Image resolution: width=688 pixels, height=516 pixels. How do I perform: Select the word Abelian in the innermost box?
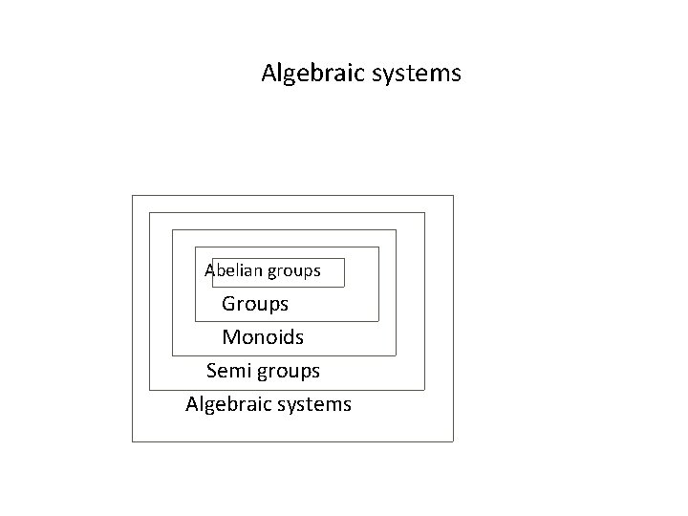click(x=234, y=271)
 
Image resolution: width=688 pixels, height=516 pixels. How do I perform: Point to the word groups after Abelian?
click(x=294, y=271)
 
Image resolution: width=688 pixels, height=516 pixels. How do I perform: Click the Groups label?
click(x=255, y=305)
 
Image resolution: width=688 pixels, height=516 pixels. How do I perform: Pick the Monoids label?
click(x=263, y=337)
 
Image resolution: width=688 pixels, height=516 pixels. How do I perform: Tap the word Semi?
click(x=227, y=370)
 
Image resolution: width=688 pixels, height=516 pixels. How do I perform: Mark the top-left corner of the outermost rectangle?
click(x=132, y=196)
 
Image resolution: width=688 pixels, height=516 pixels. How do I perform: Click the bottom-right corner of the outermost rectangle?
click(x=453, y=441)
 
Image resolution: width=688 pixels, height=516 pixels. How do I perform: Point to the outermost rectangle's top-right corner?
click(x=453, y=196)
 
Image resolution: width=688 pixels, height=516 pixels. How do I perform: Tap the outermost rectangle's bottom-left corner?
click(x=132, y=441)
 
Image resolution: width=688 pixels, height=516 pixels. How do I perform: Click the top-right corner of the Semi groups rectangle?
click(x=424, y=213)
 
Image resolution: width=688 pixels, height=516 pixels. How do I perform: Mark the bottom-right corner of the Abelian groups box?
click(x=344, y=287)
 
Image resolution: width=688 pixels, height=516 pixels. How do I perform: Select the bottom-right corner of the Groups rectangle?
click(x=379, y=321)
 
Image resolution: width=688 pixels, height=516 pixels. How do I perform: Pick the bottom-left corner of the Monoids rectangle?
click(x=172, y=355)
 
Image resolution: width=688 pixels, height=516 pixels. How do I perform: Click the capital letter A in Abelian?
click(x=210, y=271)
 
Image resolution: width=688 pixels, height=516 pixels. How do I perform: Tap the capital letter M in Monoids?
click(x=230, y=337)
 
